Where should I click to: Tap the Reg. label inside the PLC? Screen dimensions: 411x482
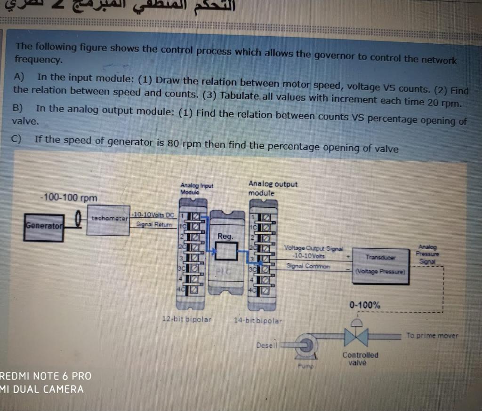(225, 237)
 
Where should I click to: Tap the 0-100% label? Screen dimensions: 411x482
(365, 305)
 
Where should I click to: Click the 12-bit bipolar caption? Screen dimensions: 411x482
(186, 319)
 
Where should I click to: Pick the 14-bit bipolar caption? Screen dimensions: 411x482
(258, 321)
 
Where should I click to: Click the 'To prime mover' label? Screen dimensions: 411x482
(432, 335)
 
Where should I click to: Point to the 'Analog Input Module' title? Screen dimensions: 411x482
(197, 189)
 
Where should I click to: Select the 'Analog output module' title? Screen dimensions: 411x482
(273, 188)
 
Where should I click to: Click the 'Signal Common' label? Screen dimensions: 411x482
(308, 266)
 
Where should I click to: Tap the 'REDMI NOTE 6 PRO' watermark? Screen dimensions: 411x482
(46, 376)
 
